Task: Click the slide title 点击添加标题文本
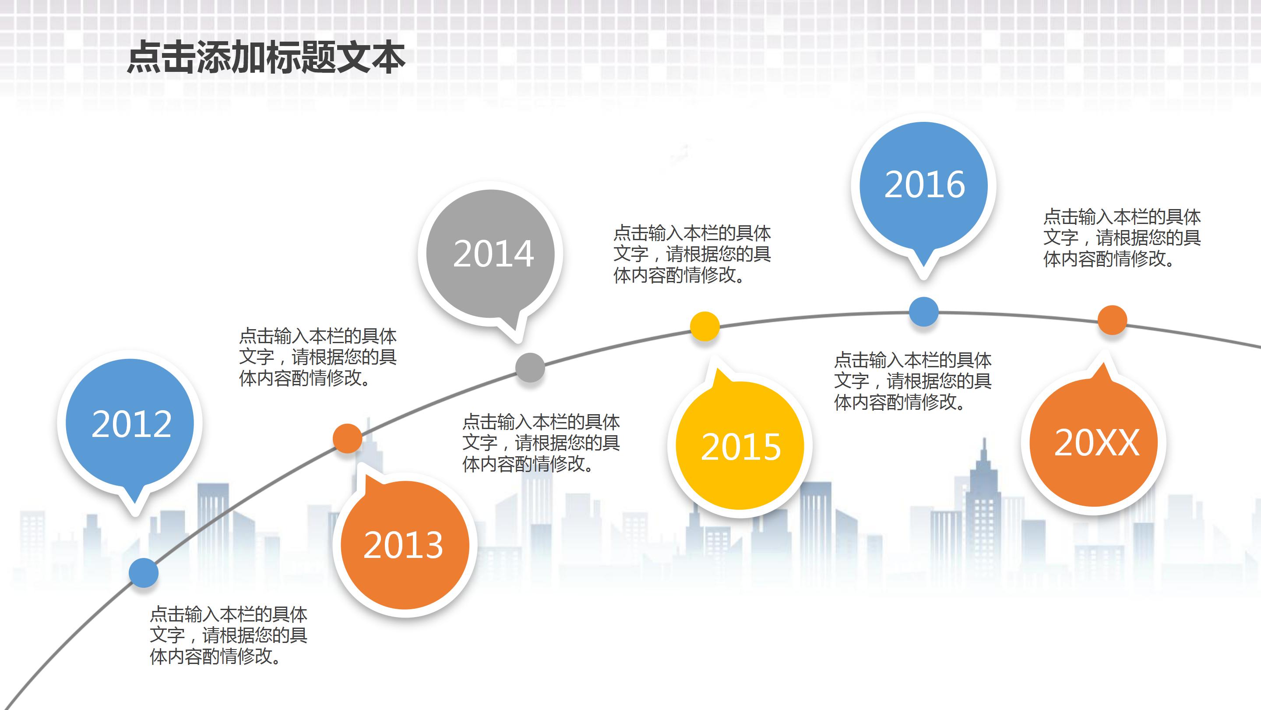tap(266, 58)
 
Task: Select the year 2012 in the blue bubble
tap(131, 424)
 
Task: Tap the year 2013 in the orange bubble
tap(403, 545)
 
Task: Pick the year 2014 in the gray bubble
tap(493, 254)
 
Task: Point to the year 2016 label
tap(924, 185)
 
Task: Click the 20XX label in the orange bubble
tap(1096, 443)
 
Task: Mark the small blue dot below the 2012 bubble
tap(144, 573)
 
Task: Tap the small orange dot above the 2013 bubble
tap(347, 438)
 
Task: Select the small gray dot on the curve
tap(530, 367)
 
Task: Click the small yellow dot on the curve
tap(704, 326)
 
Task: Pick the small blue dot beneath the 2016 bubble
tap(923, 312)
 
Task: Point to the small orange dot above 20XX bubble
tap(1112, 320)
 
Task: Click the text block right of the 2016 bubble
tap(1121, 238)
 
